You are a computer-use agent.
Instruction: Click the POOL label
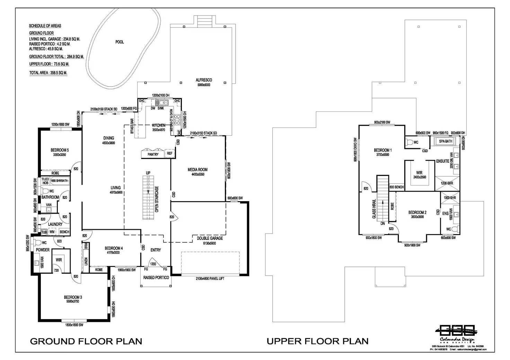coord(120,42)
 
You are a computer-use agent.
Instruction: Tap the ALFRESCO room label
coord(204,80)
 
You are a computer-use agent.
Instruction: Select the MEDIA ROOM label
coord(197,170)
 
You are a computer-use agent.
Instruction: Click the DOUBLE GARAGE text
coord(210,238)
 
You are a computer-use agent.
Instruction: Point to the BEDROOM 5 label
coord(60,150)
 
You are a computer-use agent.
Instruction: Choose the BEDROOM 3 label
coord(73,297)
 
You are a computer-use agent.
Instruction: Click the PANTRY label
coord(153,154)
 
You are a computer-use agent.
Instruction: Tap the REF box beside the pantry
coord(169,153)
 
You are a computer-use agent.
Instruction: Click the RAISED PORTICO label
coord(156,278)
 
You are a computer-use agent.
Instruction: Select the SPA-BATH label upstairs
coord(446,141)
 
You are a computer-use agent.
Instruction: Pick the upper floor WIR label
coord(419,173)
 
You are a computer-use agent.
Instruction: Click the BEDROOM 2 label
coord(417,212)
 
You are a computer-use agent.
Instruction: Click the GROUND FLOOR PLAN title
coord(86,341)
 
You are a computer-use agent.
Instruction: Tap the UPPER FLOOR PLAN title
coord(317,341)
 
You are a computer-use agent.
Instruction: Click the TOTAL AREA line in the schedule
coord(48,73)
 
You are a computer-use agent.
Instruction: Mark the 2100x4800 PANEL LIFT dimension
coord(210,278)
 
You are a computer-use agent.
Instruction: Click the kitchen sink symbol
coord(161,102)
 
